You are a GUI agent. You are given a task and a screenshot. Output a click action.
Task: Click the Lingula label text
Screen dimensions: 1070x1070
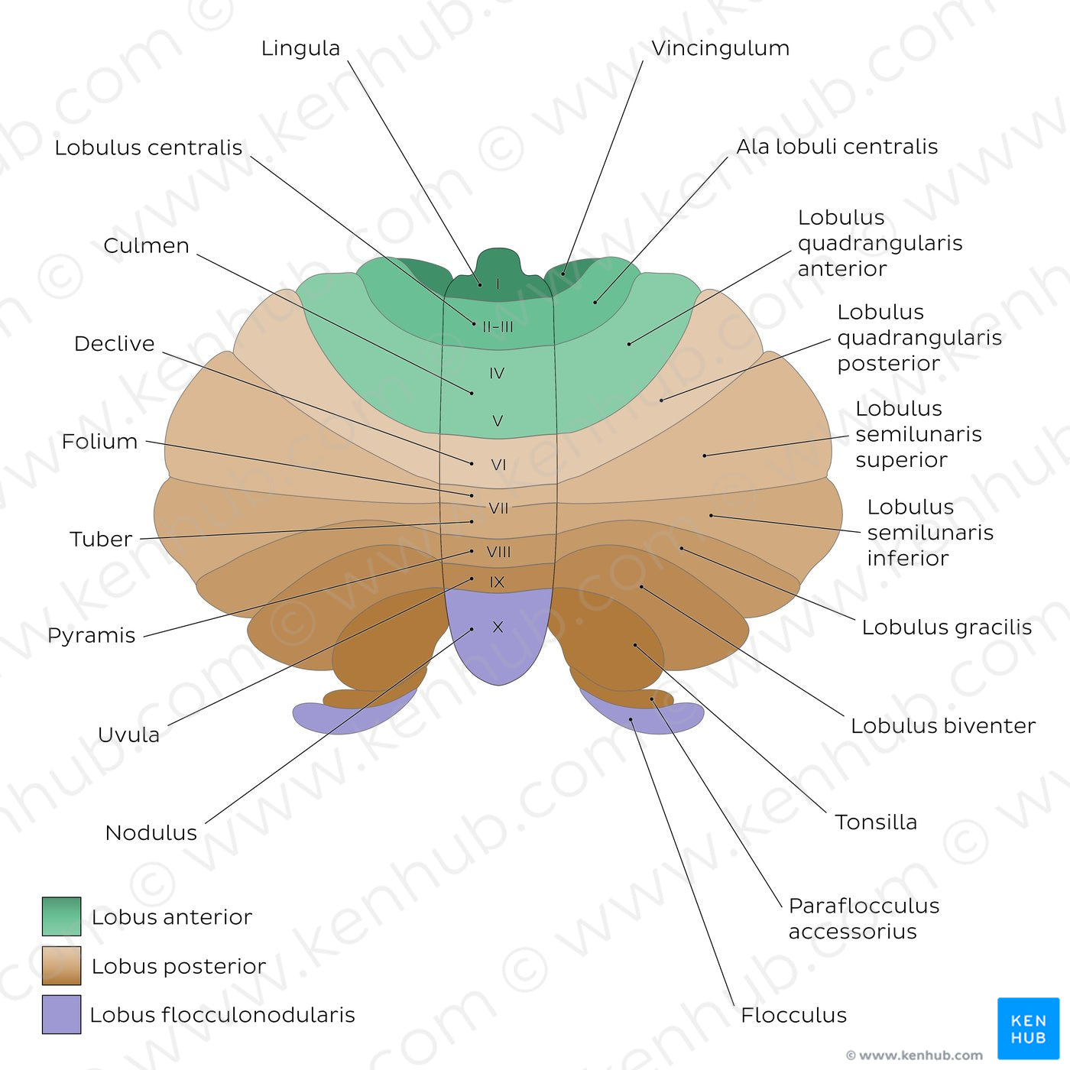[x=300, y=48]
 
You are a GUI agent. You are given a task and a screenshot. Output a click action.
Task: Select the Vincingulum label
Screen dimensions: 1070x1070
[x=720, y=48]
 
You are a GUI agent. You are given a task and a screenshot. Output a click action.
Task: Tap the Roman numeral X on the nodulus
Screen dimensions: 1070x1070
[x=498, y=627]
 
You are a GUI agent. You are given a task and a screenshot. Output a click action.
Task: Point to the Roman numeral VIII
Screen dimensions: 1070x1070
[x=498, y=552]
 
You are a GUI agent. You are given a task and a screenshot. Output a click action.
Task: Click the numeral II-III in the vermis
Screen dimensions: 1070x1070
[x=498, y=326]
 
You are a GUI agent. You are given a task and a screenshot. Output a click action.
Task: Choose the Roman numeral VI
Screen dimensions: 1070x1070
[x=498, y=465]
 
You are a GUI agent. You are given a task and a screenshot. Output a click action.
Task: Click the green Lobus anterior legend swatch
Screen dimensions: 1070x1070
[x=61, y=916]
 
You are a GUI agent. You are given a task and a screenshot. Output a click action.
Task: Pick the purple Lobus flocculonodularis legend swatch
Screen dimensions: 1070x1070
[x=61, y=1014]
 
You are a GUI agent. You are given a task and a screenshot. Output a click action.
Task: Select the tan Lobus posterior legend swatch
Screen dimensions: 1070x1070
[x=61, y=966]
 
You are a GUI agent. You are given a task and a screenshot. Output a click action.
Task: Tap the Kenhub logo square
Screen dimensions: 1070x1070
[x=1028, y=1028]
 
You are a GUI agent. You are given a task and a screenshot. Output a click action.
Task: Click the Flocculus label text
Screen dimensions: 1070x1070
[x=793, y=1015]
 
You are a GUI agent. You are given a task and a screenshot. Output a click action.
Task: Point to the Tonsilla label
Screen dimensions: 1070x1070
[x=875, y=822]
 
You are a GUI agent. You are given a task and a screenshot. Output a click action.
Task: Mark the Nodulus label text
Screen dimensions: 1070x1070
[x=151, y=832]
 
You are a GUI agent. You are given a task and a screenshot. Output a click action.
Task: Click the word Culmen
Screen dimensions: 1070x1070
[x=146, y=245]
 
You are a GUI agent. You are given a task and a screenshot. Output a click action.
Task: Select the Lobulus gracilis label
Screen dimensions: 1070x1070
[x=946, y=627]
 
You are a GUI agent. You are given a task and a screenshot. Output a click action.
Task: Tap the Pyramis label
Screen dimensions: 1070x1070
[x=91, y=635]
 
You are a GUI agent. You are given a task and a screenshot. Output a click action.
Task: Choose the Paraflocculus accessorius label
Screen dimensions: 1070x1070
[x=864, y=918]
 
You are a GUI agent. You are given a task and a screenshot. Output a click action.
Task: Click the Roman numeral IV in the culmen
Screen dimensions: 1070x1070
[x=497, y=373]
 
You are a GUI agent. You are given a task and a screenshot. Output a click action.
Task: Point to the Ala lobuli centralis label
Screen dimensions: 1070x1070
[x=837, y=147]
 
